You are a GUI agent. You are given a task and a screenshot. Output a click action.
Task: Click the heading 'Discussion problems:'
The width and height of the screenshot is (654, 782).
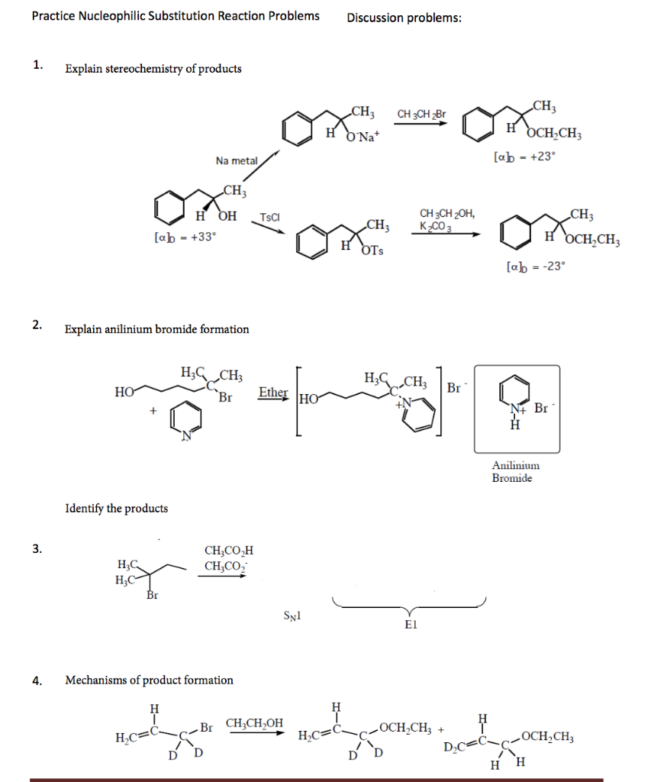[404, 18]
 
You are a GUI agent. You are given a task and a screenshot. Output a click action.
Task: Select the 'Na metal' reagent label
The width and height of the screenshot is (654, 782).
[237, 160]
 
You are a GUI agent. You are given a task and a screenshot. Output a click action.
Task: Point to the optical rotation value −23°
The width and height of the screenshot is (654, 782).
[536, 267]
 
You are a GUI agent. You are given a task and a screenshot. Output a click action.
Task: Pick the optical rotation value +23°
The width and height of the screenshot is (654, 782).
[526, 157]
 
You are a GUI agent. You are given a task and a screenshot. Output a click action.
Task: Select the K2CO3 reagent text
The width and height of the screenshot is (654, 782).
[436, 227]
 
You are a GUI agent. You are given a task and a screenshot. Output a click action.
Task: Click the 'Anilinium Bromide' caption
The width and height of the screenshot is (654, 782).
[515, 471]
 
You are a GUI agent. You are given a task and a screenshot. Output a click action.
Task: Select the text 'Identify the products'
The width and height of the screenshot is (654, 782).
[116, 508]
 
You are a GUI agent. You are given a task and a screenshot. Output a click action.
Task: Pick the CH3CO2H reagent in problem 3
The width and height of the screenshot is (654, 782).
[228, 551]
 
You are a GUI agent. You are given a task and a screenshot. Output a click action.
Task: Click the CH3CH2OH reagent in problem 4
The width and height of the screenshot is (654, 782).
[254, 722]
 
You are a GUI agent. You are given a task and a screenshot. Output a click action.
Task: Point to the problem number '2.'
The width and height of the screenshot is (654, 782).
[37, 325]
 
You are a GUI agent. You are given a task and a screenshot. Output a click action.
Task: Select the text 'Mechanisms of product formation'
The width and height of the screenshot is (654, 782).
[149, 680]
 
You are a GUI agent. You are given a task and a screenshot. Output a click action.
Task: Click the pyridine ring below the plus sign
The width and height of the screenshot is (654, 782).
[186, 422]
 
